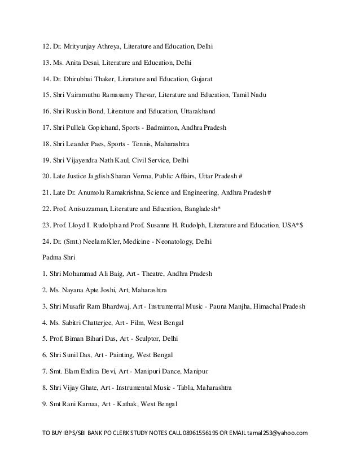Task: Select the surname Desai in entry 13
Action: point(91,62)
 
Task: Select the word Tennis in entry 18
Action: point(151,144)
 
